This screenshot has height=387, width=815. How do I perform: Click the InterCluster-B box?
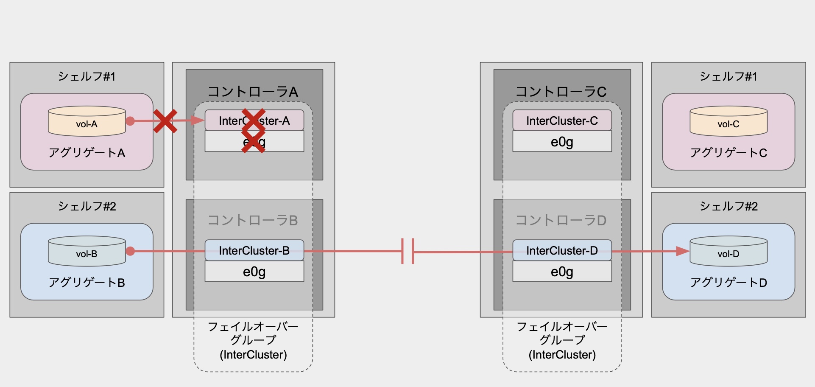[x=254, y=250]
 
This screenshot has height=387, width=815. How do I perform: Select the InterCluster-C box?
[x=562, y=121]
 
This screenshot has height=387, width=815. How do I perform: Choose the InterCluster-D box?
[x=562, y=250]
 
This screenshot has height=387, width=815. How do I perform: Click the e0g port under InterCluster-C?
[x=562, y=142]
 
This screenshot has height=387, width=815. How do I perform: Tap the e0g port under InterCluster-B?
[x=254, y=272]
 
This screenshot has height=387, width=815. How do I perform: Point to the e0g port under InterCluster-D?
[x=562, y=272]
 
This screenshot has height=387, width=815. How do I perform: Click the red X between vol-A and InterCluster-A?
[x=165, y=121]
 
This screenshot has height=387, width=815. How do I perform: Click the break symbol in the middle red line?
[x=407, y=252]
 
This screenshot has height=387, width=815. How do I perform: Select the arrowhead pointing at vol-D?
[x=682, y=251]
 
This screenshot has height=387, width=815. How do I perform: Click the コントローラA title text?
[x=253, y=92]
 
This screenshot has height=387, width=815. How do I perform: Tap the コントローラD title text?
[x=561, y=220]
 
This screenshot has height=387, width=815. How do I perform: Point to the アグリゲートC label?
[x=728, y=153]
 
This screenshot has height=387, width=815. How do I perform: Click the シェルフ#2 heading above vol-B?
[x=87, y=206]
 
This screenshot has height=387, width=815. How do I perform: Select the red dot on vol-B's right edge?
[x=131, y=251]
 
